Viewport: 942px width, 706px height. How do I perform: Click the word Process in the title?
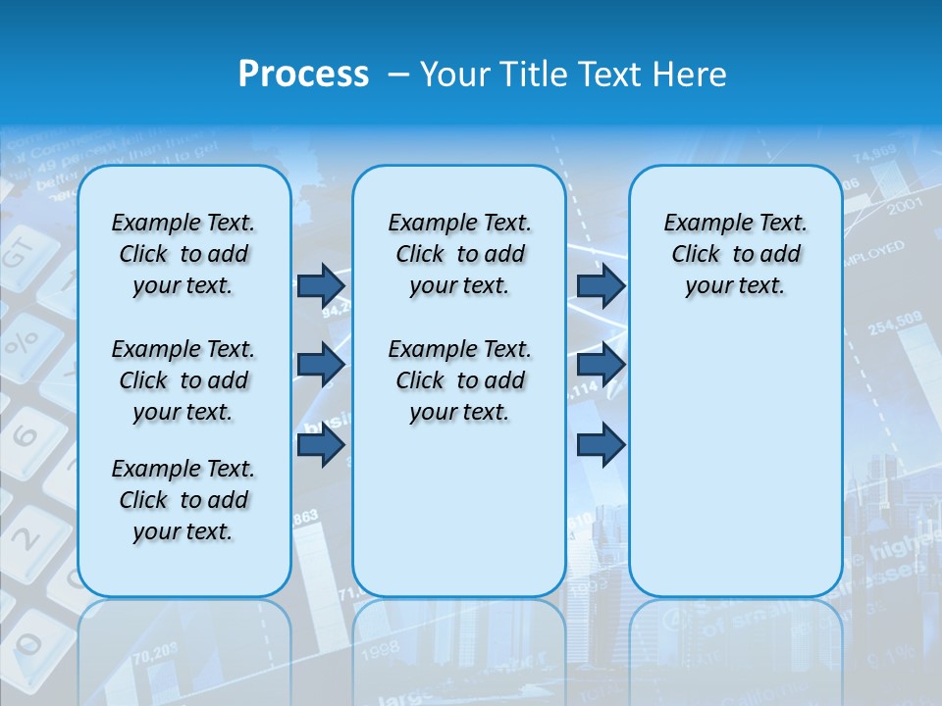point(303,75)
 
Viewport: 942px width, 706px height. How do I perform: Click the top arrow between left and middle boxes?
point(321,285)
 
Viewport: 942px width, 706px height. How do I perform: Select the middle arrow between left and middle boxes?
point(321,365)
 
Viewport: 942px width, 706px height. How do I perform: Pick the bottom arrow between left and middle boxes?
point(321,445)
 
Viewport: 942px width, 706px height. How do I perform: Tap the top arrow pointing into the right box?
point(601,285)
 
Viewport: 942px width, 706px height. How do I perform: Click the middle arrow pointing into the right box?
point(601,365)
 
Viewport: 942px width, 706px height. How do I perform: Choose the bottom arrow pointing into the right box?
point(601,445)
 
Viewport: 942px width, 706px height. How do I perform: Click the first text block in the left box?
point(183,254)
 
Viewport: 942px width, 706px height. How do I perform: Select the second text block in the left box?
point(183,380)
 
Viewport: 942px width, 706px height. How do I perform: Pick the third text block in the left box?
point(183,500)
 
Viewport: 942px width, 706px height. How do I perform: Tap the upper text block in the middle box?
point(459,254)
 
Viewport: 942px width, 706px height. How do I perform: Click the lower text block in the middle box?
point(459,380)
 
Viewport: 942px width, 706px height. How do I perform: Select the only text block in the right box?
point(735,254)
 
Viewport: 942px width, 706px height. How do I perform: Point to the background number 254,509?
point(894,322)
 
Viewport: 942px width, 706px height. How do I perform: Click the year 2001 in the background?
point(904,206)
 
